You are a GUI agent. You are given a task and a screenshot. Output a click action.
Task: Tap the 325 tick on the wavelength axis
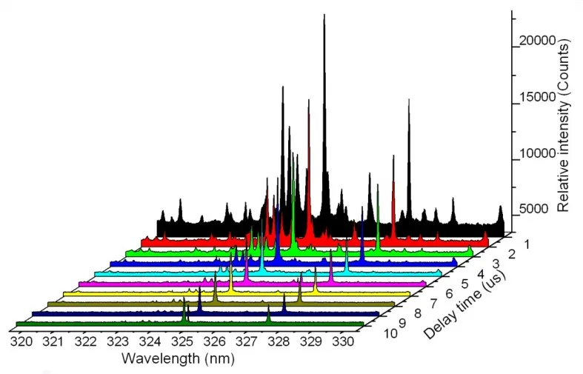click(182, 341)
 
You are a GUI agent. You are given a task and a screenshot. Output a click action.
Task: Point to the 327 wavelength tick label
click(246, 341)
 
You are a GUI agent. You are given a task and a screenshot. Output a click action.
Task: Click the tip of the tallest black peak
click(324, 15)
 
